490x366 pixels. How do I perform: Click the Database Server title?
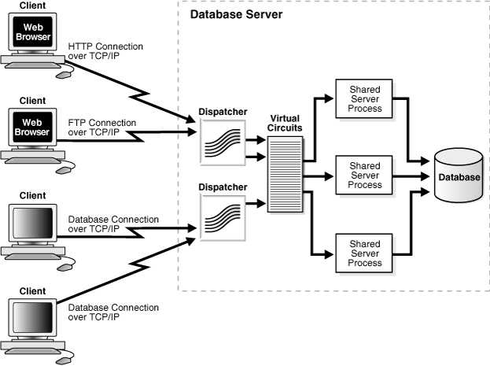[236, 14]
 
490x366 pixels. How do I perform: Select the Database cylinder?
[459, 176]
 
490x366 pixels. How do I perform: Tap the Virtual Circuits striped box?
[285, 174]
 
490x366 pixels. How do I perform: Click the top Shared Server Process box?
[364, 99]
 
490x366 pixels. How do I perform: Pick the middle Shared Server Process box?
[364, 176]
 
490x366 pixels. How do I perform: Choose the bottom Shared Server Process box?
[364, 253]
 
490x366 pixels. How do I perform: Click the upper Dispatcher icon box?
[223, 142]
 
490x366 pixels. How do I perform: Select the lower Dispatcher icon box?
[223, 218]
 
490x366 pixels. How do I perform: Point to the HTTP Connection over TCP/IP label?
[105, 51]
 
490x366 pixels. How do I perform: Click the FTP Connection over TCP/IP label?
[102, 128]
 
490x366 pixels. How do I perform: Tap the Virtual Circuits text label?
[285, 123]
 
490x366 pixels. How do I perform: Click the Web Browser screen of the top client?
[33, 32]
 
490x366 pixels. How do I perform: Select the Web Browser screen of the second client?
[32, 127]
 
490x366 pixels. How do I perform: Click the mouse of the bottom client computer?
[65, 360]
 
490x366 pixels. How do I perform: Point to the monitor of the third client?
[32, 223]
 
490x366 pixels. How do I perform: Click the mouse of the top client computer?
[64, 75]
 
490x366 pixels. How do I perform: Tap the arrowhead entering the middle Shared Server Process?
[330, 176]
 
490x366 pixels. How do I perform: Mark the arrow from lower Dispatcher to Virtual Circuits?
[256, 204]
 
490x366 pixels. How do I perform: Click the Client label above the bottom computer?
[32, 291]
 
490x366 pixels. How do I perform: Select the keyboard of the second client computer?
[33, 161]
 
